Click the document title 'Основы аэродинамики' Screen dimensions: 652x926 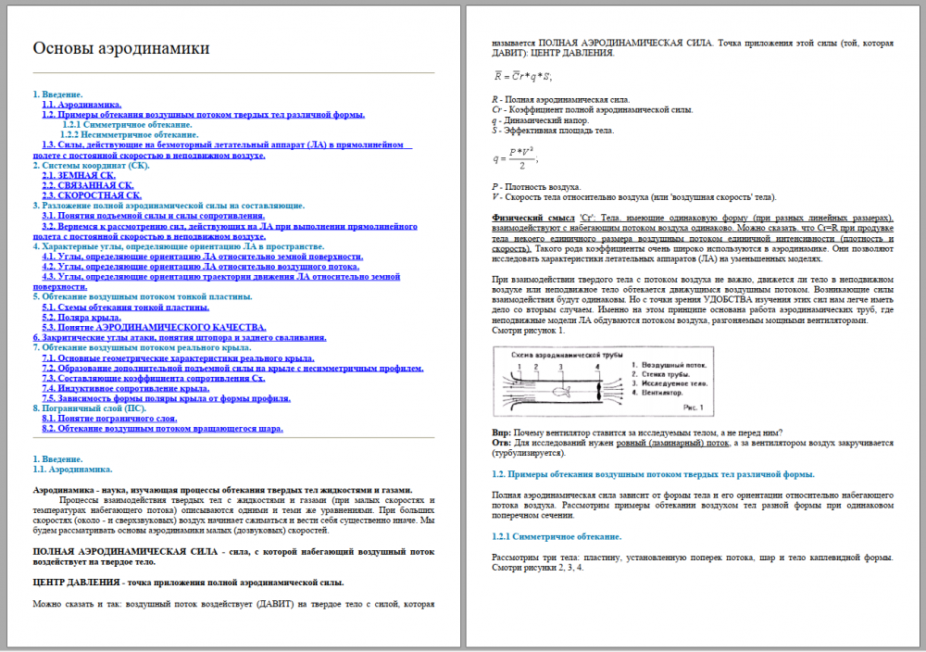[x=121, y=48]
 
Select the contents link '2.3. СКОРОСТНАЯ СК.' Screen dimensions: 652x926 [x=92, y=195]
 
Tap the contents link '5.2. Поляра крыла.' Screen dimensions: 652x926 [x=82, y=317]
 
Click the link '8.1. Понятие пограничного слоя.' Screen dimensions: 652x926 [x=109, y=419]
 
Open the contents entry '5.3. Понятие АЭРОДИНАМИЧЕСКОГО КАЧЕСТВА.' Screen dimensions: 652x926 [x=154, y=327]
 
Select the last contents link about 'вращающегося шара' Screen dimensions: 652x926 [x=162, y=429]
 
